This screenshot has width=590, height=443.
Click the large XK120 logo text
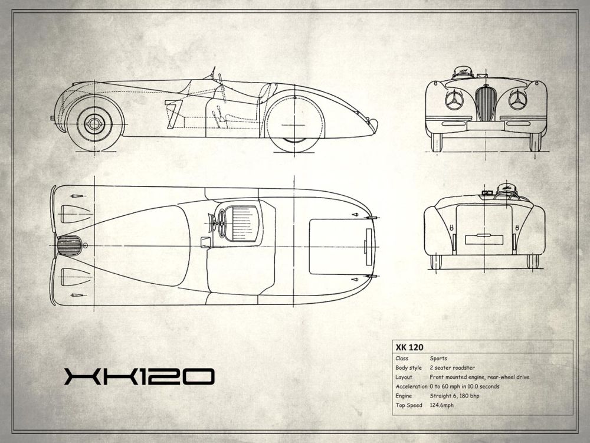pyautogui.click(x=139, y=376)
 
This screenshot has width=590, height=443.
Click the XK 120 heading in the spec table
pyautogui.click(x=409, y=347)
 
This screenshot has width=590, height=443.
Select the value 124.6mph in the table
pyautogui.click(x=441, y=405)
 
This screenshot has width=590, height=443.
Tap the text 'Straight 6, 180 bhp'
pyautogui.click(x=454, y=396)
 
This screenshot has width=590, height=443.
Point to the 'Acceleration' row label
pyautogui.click(x=411, y=386)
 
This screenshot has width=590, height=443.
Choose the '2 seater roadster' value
pyautogui.click(x=453, y=367)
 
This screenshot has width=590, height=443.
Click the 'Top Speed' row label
pyautogui.click(x=409, y=405)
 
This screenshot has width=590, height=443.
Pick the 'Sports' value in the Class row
pyautogui.click(x=438, y=359)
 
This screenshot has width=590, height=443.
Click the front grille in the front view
pyautogui.click(x=484, y=103)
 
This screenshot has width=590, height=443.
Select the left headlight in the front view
pyautogui.click(x=454, y=100)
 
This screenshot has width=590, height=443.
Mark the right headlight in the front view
pyautogui.click(x=518, y=100)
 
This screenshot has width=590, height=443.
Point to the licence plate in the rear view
pyautogui.click(x=484, y=239)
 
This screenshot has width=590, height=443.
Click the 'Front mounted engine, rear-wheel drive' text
pyautogui.click(x=479, y=377)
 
